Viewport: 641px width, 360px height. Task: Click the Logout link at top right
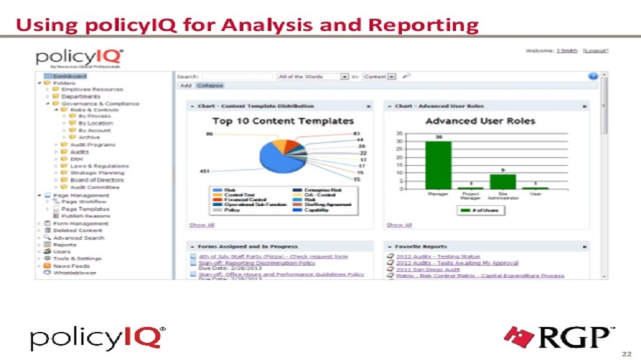[596, 50]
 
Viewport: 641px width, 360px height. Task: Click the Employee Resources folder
[91, 89]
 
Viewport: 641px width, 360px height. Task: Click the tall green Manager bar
[438, 165]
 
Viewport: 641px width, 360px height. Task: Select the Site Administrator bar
[503, 181]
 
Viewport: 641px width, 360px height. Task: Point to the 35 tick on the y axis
[400, 133]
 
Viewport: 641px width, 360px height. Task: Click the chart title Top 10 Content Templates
[282, 121]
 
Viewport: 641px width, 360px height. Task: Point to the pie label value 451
[205, 171]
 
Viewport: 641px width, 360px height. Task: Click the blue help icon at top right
[593, 76]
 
